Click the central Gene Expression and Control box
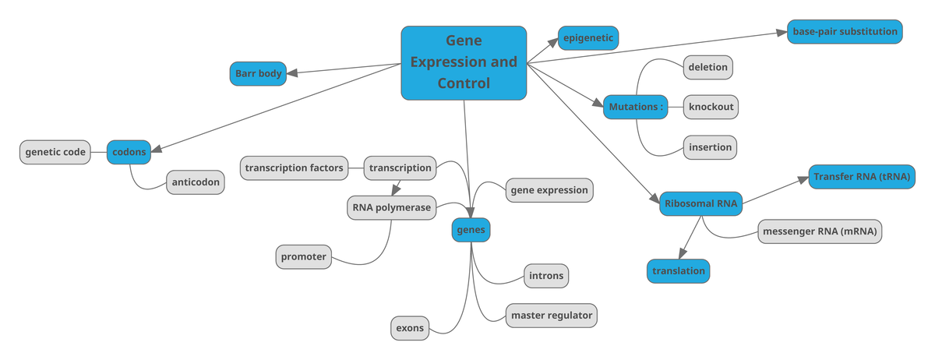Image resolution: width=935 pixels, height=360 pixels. tap(464, 62)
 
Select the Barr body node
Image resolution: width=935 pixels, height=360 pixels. tap(258, 74)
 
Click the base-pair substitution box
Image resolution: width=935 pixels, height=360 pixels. tap(845, 32)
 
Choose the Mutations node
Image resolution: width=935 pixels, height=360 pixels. tap(636, 107)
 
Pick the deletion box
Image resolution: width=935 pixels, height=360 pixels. tap(707, 67)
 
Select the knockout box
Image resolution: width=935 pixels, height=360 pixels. tap(711, 107)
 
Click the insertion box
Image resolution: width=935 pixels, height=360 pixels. tap(710, 146)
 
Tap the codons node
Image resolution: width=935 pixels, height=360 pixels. tap(129, 152)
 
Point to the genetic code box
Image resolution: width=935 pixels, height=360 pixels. tap(55, 152)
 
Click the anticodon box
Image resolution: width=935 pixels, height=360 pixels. tap(196, 182)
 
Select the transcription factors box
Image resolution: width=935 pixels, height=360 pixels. tap(294, 168)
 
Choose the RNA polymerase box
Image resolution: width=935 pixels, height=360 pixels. tap(390, 207)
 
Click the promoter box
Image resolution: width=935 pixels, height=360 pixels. tap(304, 256)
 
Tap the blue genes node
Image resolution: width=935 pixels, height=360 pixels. tap(471, 230)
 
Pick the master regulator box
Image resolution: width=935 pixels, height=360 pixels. tap(552, 316)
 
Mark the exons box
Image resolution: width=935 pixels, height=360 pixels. tap(410, 328)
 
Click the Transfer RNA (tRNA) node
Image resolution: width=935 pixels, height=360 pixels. tap(862, 177)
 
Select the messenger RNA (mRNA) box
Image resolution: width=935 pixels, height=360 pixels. tap(821, 231)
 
